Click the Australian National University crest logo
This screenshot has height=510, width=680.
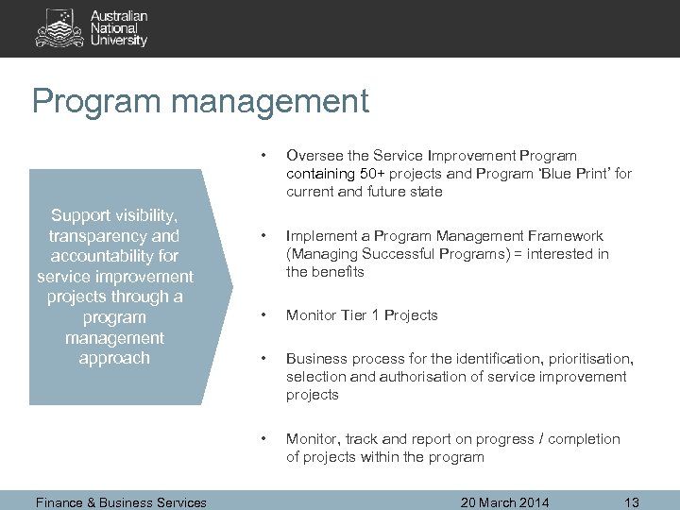click(59, 27)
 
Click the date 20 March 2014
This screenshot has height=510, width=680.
click(505, 501)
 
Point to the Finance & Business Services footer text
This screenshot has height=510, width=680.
click(120, 502)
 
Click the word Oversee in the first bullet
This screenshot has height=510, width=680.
click(315, 155)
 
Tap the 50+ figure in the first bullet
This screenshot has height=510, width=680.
click(373, 173)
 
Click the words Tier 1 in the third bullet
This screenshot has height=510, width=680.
click(361, 314)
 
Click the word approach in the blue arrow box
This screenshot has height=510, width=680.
click(114, 358)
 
